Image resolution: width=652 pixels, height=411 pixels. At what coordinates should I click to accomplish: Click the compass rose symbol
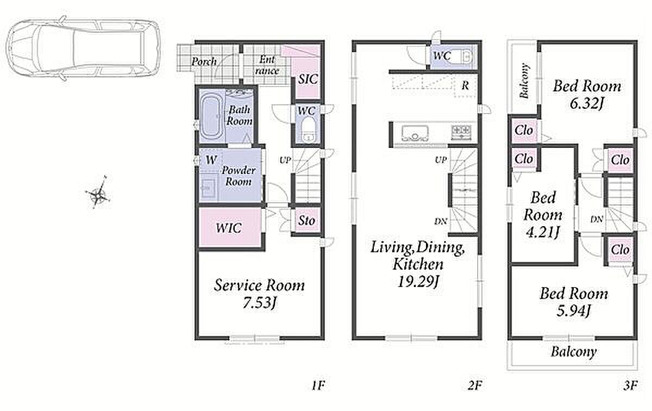(x=98, y=192)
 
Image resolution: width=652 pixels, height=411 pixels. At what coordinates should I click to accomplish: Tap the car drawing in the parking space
(x=83, y=48)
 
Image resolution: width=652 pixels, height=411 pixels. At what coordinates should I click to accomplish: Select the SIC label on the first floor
(x=308, y=79)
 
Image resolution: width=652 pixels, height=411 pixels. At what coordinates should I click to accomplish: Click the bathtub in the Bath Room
(x=211, y=117)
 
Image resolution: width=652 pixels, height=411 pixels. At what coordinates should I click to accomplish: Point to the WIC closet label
(x=229, y=228)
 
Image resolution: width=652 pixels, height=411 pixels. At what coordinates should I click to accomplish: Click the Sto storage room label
(x=307, y=221)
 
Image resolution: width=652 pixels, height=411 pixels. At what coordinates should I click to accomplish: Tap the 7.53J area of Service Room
(x=259, y=303)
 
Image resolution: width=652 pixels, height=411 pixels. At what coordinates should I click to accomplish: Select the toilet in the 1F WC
(x=308, y=129)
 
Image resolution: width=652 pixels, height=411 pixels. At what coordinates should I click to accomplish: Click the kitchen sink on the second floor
(x=415, y=133)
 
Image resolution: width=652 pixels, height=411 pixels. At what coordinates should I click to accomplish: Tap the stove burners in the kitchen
(x=461, y=131)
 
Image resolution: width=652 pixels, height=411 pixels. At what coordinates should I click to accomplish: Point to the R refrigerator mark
(x=465, y=86)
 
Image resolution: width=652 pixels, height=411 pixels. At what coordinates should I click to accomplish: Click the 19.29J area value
(x=418, y=282)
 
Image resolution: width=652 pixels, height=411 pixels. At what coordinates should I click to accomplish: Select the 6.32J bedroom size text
(x=586, y=103)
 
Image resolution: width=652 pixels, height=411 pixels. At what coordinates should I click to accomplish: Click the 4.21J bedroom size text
(x=543, y=232)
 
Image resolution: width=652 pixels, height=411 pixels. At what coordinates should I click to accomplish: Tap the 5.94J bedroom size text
(x=573, y=311)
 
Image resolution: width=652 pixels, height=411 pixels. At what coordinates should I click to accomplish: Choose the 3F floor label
(x=630, y=385)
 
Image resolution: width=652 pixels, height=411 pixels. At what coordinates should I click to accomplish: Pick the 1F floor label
(x=318, y=385)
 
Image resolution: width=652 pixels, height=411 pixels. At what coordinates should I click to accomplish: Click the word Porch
(x=204, y=62)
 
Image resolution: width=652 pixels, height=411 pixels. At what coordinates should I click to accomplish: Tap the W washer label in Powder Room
(x=211, y=160)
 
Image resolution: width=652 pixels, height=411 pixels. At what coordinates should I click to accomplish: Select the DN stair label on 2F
(x=441, y=221)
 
